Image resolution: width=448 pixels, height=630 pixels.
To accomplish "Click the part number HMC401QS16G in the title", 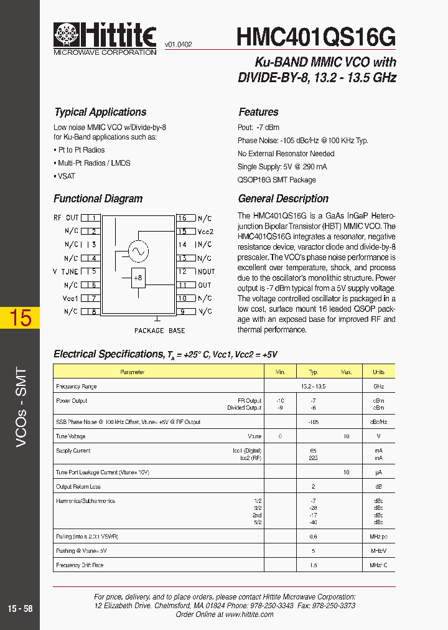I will coord(315,37).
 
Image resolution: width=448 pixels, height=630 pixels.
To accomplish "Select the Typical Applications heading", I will coord(100,112).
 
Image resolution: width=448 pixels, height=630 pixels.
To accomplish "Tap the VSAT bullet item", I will coord(66,176).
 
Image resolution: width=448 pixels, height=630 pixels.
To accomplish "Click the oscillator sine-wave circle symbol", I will coord(138,251).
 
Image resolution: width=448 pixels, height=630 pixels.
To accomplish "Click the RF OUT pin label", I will coord(66,218).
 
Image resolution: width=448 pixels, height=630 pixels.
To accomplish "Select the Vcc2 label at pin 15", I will coord(205,232).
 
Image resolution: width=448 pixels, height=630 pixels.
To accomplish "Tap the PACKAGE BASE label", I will coord(159,331).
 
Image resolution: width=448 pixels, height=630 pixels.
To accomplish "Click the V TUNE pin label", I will coord(65,271).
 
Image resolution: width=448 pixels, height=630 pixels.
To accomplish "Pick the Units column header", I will coord(378,372).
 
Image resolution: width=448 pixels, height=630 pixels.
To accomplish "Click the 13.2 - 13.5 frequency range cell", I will coord(314,387).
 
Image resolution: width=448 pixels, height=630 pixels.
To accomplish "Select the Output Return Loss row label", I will coord(78,487).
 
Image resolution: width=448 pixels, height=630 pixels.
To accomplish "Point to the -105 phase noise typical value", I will coord(314,422).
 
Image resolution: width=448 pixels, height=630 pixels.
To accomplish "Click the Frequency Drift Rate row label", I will coord(80,565).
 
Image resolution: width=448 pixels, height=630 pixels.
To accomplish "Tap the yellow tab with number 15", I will coord(20,317).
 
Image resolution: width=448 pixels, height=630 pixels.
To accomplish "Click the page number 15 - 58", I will coord(21,609).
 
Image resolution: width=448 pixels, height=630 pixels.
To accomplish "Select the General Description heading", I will coord(283,199).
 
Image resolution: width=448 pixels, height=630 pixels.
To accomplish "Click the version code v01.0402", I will coord(178,45).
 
